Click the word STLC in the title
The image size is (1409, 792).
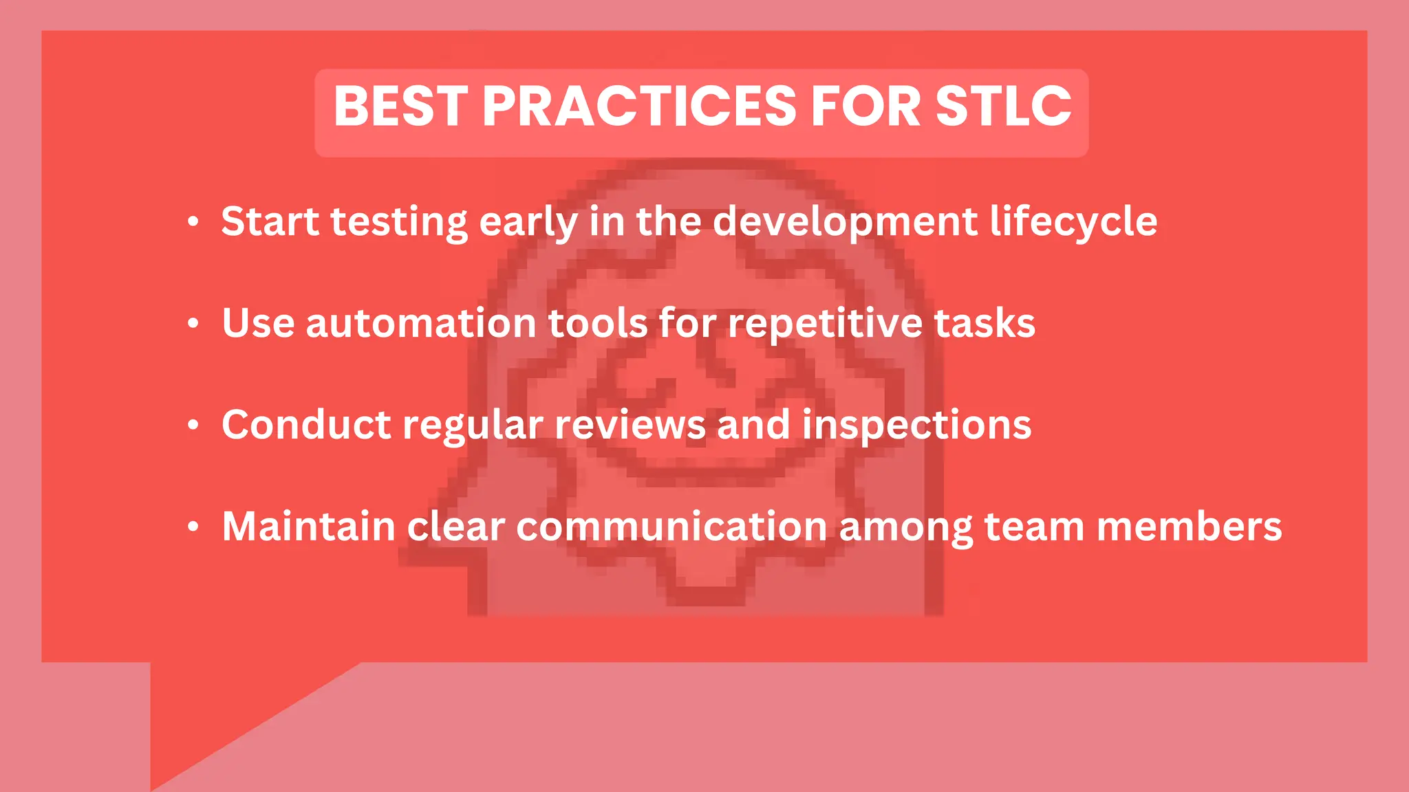(x=1003, y=107)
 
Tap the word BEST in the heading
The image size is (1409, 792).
(x=401, y=107)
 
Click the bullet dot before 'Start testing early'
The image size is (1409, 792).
(x=193, y=222)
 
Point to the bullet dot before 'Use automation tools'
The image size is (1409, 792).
(x=193, y=323)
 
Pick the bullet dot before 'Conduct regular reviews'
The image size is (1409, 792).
(x=193, y=425)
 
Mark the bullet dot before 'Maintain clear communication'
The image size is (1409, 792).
(x=193, y=527)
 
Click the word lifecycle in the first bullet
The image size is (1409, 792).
(x=1073, y=222)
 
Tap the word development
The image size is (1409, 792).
(x=845, y=222)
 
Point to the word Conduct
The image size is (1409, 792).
(x=306, y=425)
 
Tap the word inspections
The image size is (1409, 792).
(x=916, y=425)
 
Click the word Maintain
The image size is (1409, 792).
(x=308, y=527)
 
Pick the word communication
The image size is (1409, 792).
(x=671, y=527)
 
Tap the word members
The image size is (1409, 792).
(x=1189, y=527)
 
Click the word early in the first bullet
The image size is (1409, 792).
(x=528, y=222)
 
